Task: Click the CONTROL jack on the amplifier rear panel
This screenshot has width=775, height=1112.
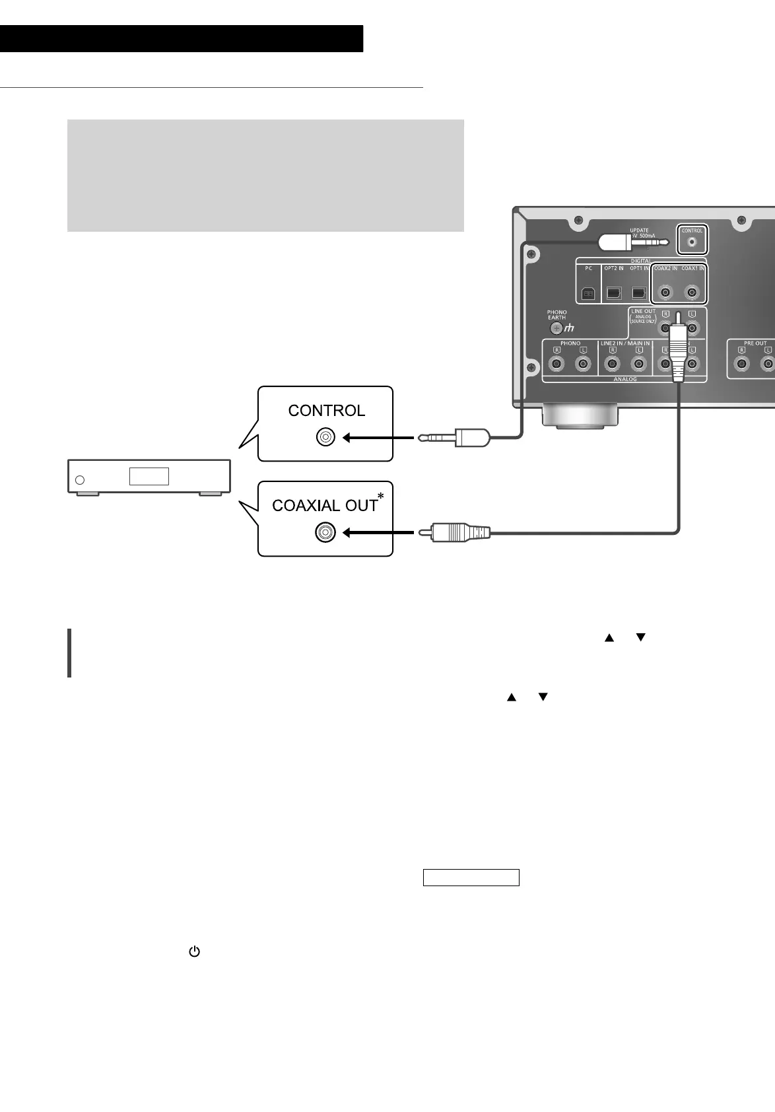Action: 692,242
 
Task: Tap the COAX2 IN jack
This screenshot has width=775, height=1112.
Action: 665,293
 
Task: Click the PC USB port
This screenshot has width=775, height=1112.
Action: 588,293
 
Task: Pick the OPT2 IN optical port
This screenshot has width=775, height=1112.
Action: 614,293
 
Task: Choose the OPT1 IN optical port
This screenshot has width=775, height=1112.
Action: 638,293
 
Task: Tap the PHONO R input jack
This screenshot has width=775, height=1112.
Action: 558,364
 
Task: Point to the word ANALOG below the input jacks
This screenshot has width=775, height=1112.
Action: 625,380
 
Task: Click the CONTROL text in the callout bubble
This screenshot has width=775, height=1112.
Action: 326,411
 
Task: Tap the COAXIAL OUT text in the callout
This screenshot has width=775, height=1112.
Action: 324,506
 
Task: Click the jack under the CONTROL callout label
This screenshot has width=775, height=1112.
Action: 326,437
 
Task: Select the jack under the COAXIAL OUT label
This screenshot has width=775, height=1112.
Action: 325,532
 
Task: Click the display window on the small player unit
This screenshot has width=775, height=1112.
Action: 149,477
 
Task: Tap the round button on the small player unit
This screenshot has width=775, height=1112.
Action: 80,479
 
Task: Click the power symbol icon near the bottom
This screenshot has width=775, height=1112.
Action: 194,952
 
